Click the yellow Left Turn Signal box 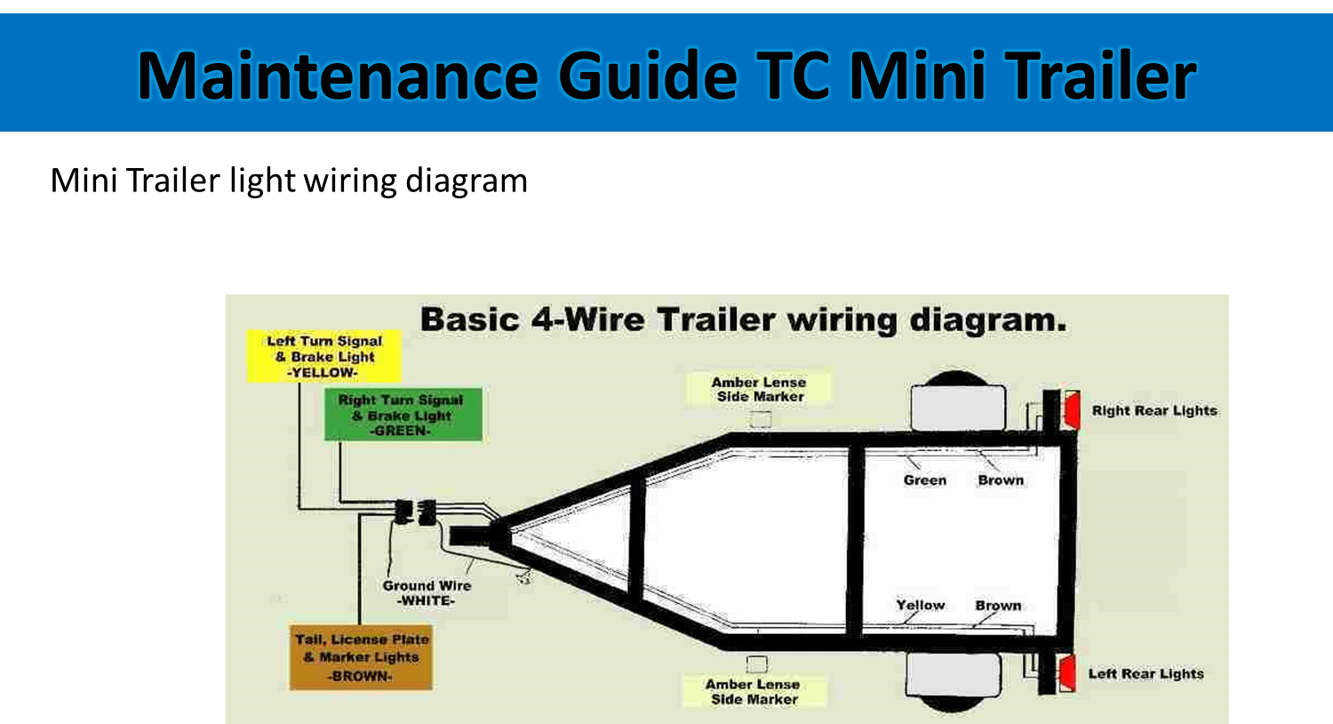tap(323, 357)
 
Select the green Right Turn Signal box tap(403, 414)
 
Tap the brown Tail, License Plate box tap(361, 657)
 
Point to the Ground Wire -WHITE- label tap(426, 593)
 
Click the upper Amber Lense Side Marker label tap(759, 389)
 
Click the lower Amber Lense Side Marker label tap(753, 691)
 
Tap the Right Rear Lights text tap(1153, 410)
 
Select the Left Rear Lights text tap(1145, 673)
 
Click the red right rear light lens tap(1072, 409)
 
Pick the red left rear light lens tap(1067, 672)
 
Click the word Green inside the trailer tap(924, 480)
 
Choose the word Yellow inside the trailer tap(920, 606)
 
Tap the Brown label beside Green tap(1001, 480)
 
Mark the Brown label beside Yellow tap(998, 606)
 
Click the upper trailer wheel tap(958, 406)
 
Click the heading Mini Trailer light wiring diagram tap(289, 181)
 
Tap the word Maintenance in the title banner tap(337, 76)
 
